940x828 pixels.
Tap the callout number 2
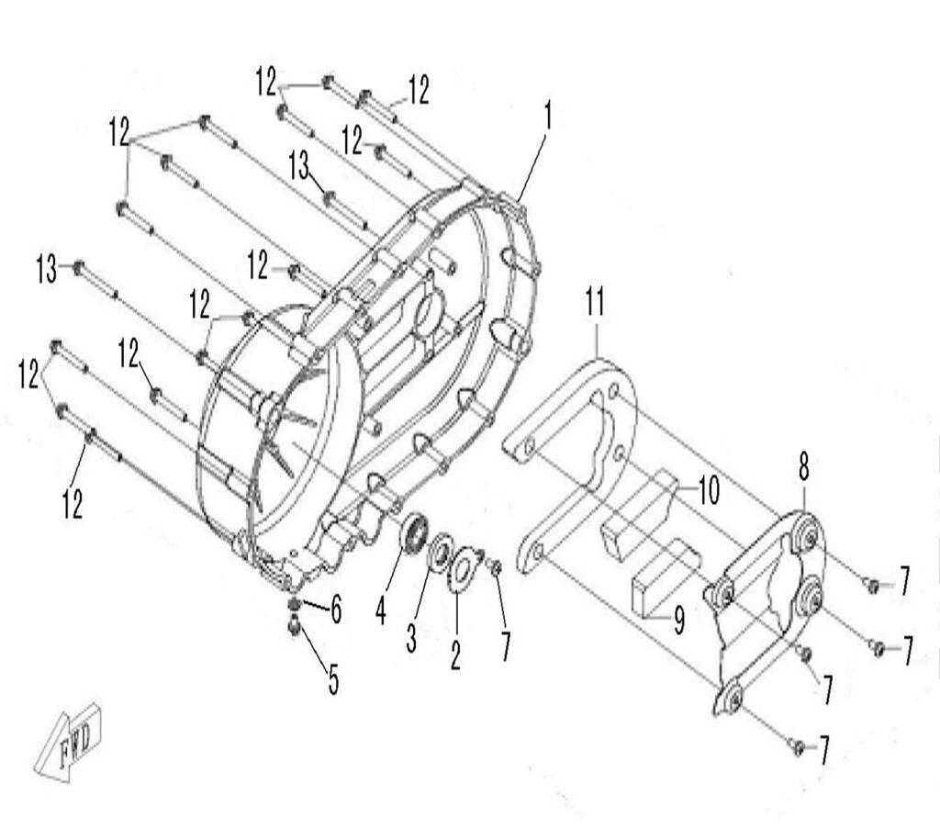click(455, 653)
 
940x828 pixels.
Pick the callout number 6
click(336, 609)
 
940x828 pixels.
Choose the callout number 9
click(678, 622)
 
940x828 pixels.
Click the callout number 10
click(707, 491)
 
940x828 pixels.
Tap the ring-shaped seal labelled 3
click(438, 552)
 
